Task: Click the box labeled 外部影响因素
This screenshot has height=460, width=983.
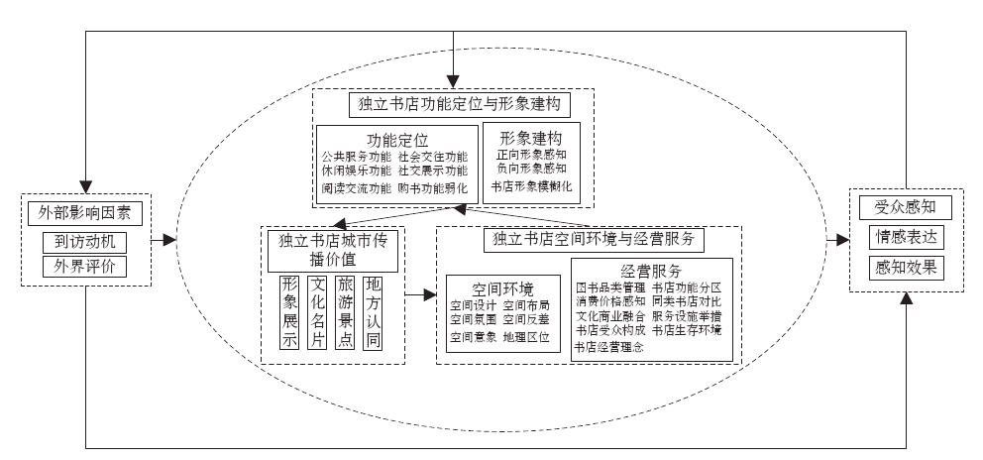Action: click(x=83, y=213)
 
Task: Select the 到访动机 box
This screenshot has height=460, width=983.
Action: click(x=83, y=242)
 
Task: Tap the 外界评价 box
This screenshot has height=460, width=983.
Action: click(x=83, y=266)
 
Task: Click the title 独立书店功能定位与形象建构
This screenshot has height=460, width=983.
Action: click(x=454, y=103)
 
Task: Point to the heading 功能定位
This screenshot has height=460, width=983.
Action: click(x=396, y=139)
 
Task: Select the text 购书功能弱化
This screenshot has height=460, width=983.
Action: click(x=433, y=186)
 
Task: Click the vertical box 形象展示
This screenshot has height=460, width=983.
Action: click(x=290, y=312)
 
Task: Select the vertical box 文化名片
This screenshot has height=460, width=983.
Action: click(x=318, y=312)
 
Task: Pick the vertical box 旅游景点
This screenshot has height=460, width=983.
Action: click(x=346, y=312)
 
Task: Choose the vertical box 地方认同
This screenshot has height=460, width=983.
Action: click(x=373, y=312)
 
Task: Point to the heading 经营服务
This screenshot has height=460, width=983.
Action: click(x=650, y=271)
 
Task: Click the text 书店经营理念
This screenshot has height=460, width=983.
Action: click(x=609, y=346)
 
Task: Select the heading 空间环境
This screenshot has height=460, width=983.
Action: click(x=503, y=287)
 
